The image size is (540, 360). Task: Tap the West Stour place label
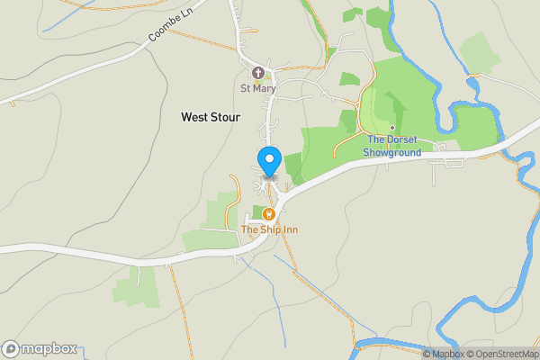(x=211, y=117)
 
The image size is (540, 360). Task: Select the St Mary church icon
(x=257, y=73)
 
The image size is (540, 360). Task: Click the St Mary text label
(x=257, y=88)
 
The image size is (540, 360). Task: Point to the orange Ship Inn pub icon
(x=268, y=214)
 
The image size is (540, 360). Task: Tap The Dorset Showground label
(x=392, y=146)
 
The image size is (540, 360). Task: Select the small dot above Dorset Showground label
(x=392, y=127)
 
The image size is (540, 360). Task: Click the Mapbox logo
(x=40, y=349)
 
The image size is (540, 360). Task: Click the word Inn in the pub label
(x=288, y=229)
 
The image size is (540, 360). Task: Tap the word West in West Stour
(x=194, y=117)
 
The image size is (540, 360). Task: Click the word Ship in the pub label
(x=270, y=229)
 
